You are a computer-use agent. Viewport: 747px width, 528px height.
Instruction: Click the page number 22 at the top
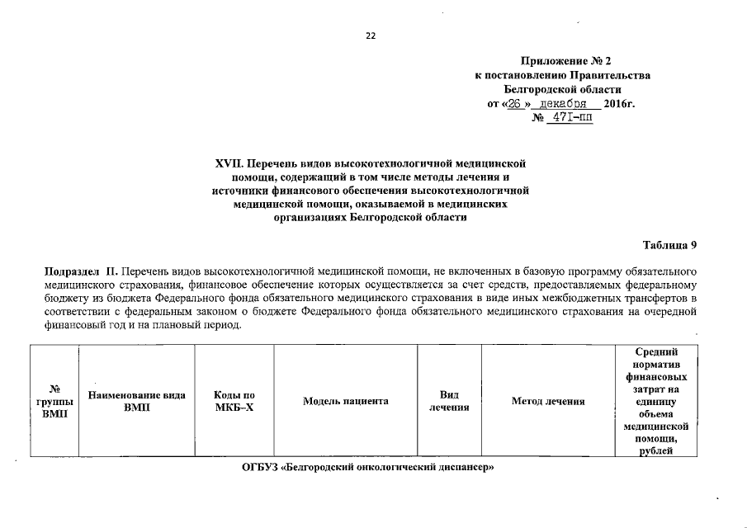(371, 35)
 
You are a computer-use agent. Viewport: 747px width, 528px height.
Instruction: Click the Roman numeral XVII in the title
(229, 164)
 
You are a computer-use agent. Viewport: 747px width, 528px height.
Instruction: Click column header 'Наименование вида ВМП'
(136, 402)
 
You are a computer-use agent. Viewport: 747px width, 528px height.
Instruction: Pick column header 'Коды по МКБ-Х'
(234, 402)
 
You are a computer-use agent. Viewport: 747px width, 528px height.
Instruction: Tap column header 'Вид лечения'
(450, 402)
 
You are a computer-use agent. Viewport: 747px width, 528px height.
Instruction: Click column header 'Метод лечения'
(548, 402)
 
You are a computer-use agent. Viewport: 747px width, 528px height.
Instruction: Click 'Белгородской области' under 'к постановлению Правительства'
(562, 89)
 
